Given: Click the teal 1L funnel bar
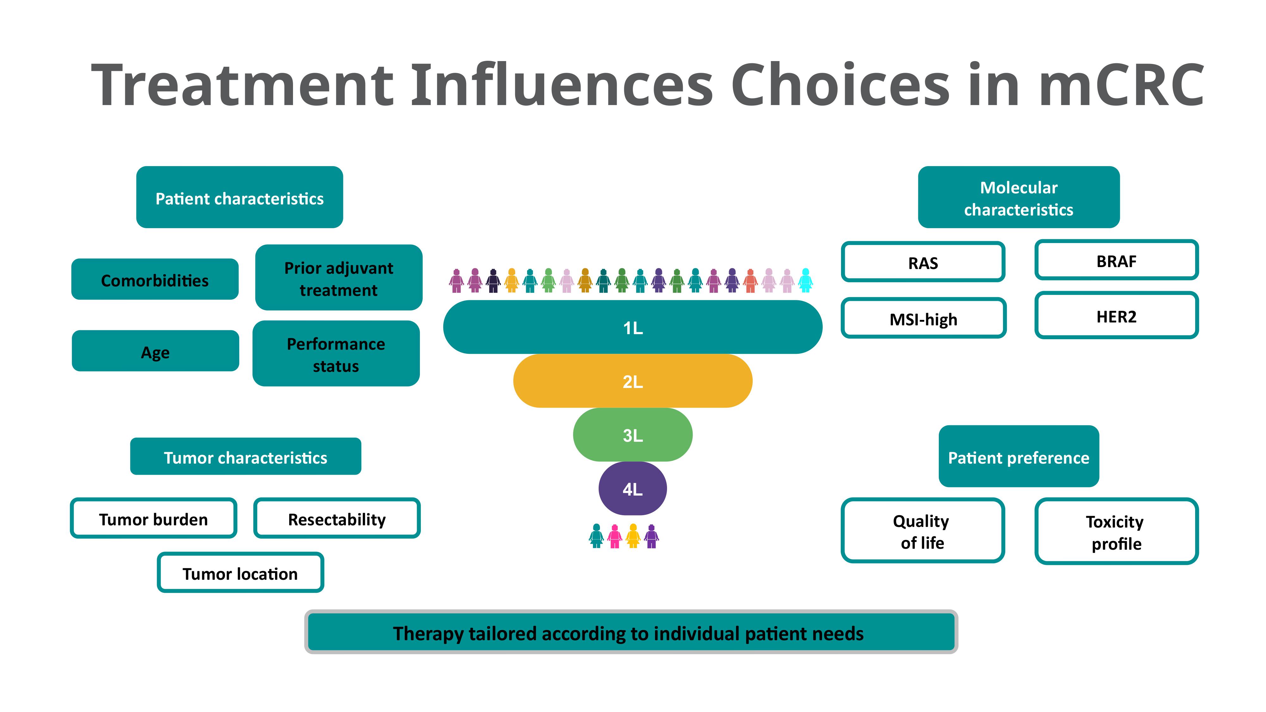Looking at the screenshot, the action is click(x=633, y=327).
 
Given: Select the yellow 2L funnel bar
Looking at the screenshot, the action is click(x=633, y=381).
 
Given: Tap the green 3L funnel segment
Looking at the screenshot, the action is click(x=633, y=435).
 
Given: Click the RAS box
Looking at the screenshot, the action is click(x=923, y=262).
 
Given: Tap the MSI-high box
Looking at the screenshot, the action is click(x=923, y=318).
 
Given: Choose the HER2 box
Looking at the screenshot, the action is click(x=1117, y=315).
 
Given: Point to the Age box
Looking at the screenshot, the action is click(x=155, y=351).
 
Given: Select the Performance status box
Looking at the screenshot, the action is click(x=336, y=354).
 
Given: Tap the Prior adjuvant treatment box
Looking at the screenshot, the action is click(x=339, y=278).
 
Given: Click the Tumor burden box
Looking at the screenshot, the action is click(x=153, y=518).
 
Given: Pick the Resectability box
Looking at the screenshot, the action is click(x=337, y=518).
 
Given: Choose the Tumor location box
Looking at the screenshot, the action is click(x=240, y=572).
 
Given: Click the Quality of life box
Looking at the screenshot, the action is click(x=922, y=531).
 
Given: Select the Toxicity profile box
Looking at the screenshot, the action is click(x=1117, y=531).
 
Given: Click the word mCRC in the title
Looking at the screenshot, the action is click(x=1121, y=84).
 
